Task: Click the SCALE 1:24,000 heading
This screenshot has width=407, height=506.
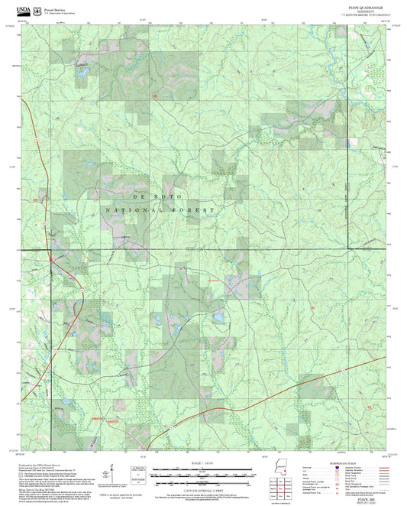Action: [203, 462]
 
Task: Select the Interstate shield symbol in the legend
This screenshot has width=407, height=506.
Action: [351, 467]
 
